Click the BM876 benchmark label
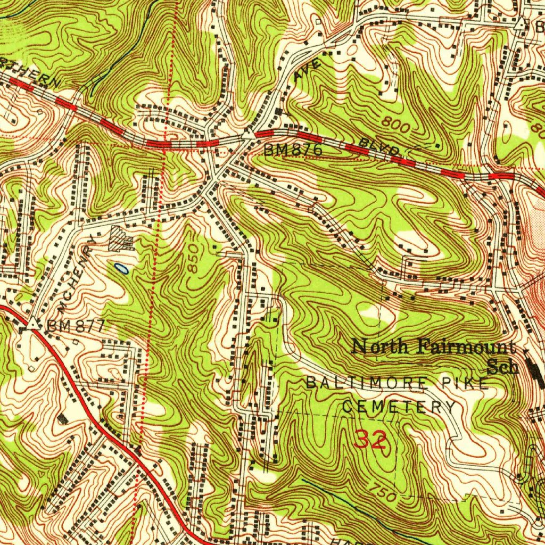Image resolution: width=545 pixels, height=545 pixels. pyautogui.click(x=293, y=151)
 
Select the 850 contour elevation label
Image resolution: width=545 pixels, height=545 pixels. pyautogui.click(x=194, y=259)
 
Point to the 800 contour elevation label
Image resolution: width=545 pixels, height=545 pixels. pyautogui.click(x=396, y=126)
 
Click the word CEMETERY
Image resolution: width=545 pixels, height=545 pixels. pyautogui.click(x=399, y=408)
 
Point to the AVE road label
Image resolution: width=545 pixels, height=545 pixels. pyautogui.click(x=308, y=70)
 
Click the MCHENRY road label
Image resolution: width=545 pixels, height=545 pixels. pyautogui.click(x=77, y=275)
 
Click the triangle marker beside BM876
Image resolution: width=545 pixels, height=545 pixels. pyautogui.click(x=248, y=134)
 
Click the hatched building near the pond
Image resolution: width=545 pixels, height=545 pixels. pyautogui.click(x=120, y=240)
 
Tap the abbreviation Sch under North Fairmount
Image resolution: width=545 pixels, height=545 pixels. pyautogui.click(x=503, y=367)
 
